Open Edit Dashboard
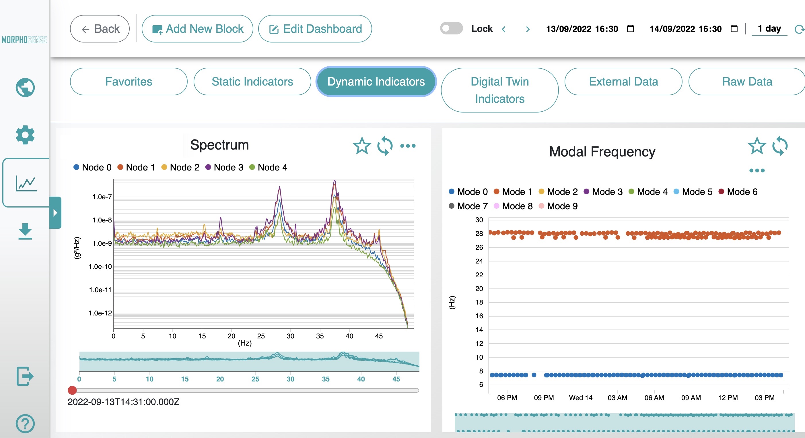(315, 29)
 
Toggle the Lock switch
(451, 28)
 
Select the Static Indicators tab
(252, 82)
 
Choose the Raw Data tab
(746, 82)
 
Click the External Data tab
(623, 82)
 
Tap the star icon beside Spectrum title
(361, 146)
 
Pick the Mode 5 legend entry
(693, 192)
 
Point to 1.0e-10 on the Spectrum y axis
(100, 267)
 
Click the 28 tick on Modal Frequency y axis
(479, 234)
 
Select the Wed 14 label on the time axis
(580, 398)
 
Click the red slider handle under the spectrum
(72, 390)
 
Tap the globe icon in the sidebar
(25, 88)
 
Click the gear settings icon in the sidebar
(25, 135)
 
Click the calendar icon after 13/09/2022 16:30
(630, 29)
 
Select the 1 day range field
(769, 29)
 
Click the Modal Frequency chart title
(602, 152)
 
